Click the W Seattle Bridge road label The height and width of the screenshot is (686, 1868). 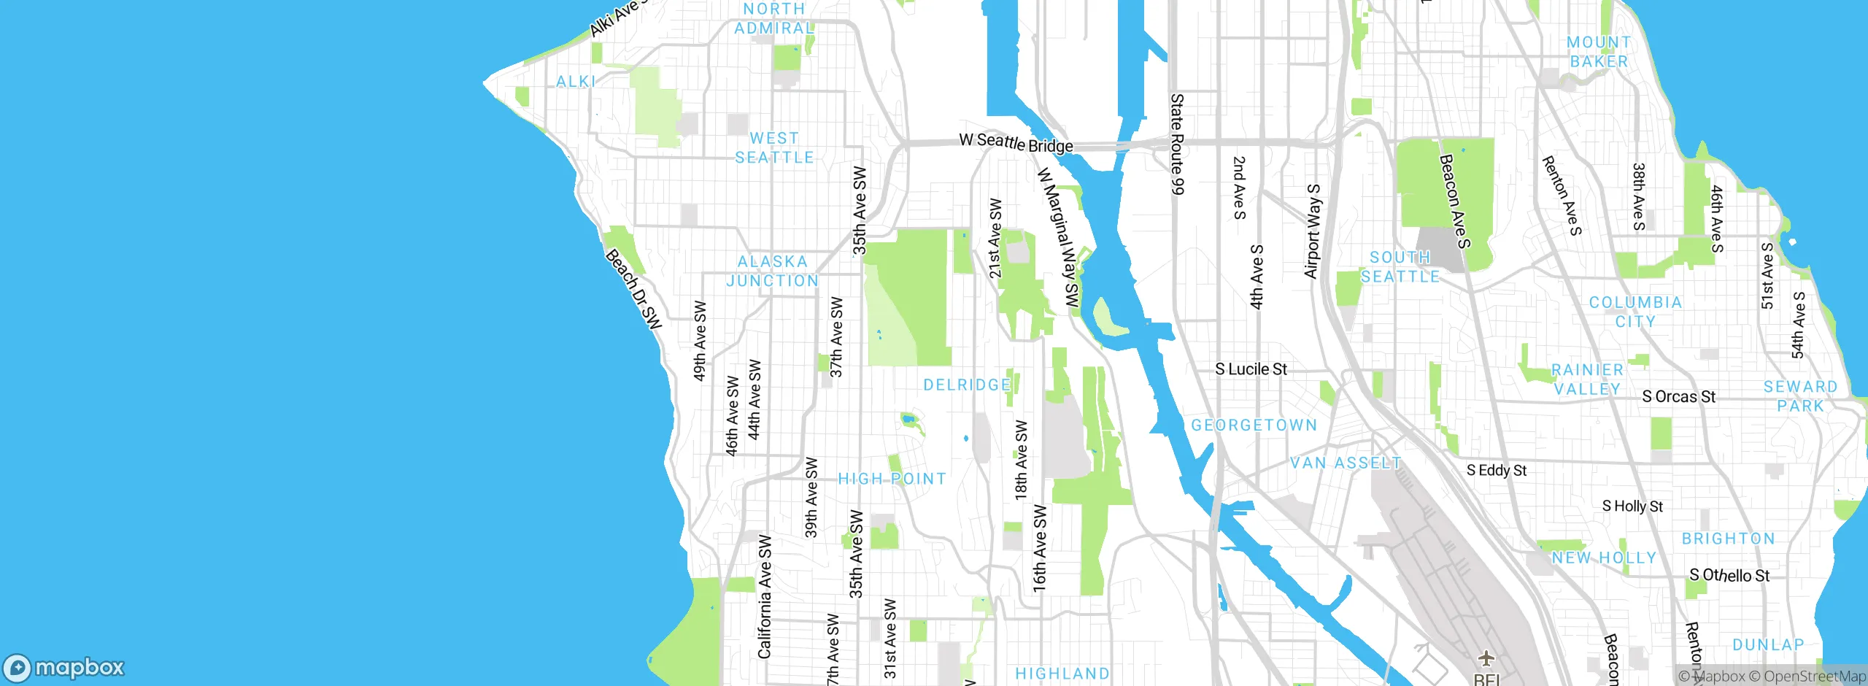click(x=1015, y=142)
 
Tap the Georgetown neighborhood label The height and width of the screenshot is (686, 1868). click(x=1254, y=425)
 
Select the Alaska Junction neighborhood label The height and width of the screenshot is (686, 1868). click(x=772, y=271)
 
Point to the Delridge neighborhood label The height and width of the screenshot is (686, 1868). click(x=967, y=385)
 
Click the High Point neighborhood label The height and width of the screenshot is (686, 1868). click(x=892, y=479)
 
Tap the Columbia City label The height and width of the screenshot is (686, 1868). click(x=1635, y=312)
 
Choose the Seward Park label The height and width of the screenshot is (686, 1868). click(x=1800, y=396)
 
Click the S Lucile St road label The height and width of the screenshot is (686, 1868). click(x=1251, y=369)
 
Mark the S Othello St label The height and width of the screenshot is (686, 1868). click(x=1729, y=575)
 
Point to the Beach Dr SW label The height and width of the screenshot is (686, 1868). click(x=633, y=289)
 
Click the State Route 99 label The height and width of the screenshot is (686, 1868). click(x=1176, y=144)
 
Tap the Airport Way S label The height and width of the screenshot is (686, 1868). click(x=1312, y=231)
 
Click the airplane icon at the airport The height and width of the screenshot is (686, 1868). click(x=1486, y=658)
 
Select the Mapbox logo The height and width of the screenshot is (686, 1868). click(x=64, y=668)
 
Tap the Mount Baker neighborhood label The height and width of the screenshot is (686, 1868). click(x=1599, y=52)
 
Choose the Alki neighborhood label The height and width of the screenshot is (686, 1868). click(x=576, y=82)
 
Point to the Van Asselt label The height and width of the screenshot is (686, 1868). click(x=1346, y=463)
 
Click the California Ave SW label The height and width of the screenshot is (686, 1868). click(x=764, y=596)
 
